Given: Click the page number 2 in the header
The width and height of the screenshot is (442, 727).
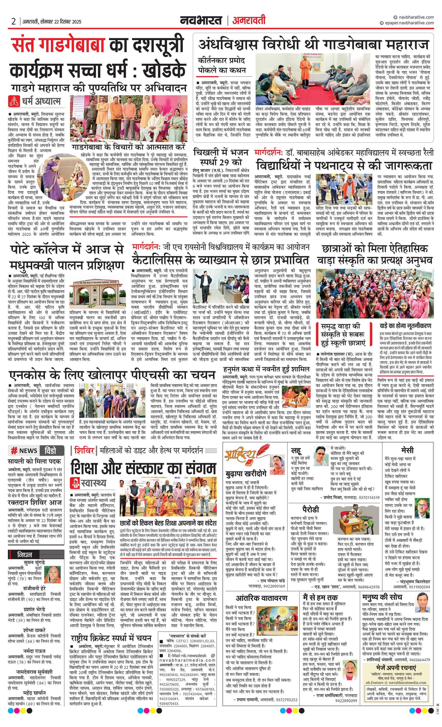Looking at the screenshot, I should (13, 22).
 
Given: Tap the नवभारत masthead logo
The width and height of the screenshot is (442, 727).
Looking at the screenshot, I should (201, 21).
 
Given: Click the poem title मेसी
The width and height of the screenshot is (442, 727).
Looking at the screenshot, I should (407, 450).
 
